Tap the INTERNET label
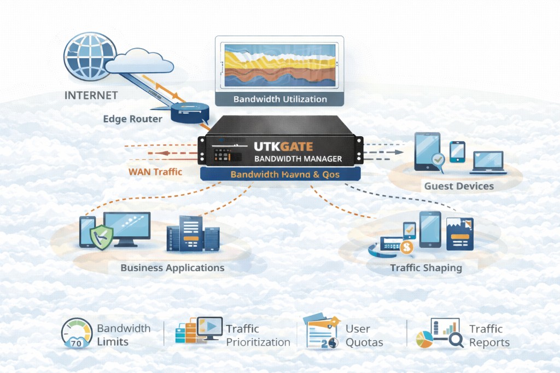(91, 95)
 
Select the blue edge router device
(190, 112)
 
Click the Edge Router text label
(132, 119)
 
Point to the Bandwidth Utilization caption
(280, 99)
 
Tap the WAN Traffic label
(155, 171)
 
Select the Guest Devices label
(459, 186)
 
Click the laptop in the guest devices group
(488, 162)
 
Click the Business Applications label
(172, 268)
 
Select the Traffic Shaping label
(426, 268)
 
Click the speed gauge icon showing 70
(76, 334)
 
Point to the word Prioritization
(258, 342)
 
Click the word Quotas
(364, 343)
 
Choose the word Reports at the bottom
(489, 343)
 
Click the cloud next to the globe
(139, 61)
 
